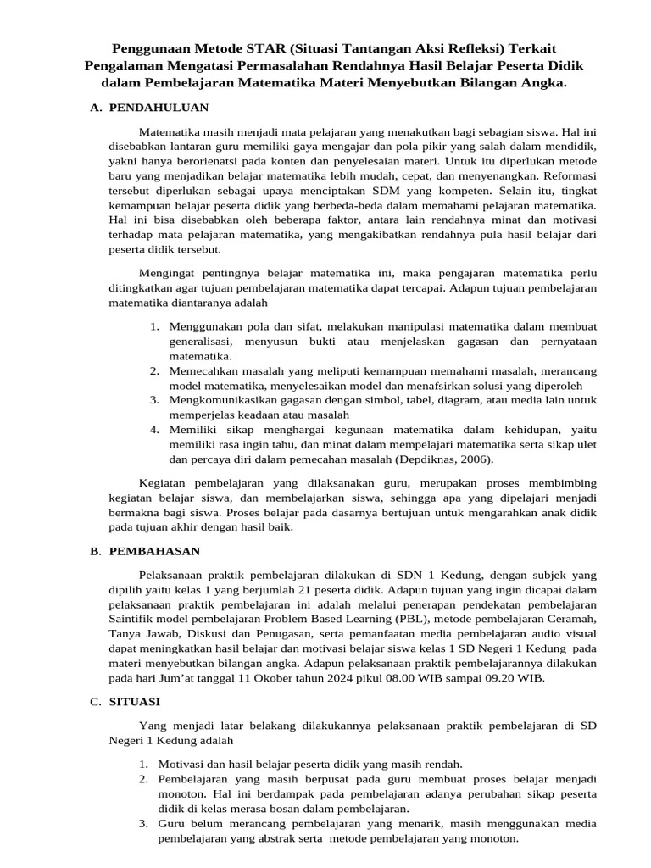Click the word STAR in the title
click(x=253, y=49)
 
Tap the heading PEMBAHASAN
click(x=154, y=551)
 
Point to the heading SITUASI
click(x=135, y=702)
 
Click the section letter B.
click(x=95, y=551)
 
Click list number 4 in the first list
click(x=155, y=429)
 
